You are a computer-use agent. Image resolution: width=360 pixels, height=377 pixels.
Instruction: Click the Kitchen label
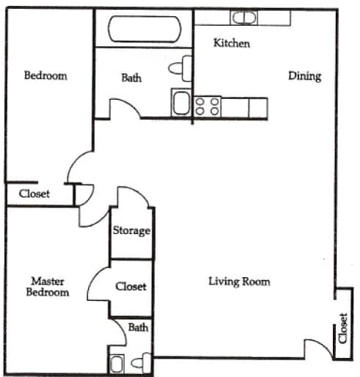pyautogui.click(x=232, y=43)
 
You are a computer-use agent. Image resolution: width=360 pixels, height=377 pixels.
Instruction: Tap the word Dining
pyautogui.click(x=304, y=76)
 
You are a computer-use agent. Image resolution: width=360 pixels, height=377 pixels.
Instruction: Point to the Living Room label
pyautogui.click(x=239, y=281)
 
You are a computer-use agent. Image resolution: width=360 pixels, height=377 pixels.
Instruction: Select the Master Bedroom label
pyautogui.click(x=50, y=286)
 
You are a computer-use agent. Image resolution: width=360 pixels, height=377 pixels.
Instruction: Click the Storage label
pyautogui.click(x=131, y=230)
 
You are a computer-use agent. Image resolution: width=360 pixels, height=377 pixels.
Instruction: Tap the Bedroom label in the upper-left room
pyautogui.click(x=45, y=76)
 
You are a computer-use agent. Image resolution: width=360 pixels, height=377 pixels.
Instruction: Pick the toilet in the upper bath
pyautogui.click(x=178, y=68)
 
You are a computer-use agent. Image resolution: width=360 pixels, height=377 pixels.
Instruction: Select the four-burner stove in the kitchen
pyautogui.click(x=207, y=106)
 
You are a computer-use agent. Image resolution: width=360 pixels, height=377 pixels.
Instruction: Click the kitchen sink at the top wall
pyautogui.click(x=243, y=18)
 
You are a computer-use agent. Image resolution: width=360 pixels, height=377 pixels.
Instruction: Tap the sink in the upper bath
pyautogui.click(x=180, y=102)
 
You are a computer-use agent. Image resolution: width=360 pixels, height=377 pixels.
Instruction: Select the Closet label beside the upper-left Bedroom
pyautogui.click(x=34, y=194)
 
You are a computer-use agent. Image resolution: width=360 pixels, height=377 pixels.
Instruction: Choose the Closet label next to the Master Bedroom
pyautogui.click(x=131, y=287)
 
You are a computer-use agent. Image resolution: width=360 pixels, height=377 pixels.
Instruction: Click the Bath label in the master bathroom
pyautogui.click(x=138, y=327)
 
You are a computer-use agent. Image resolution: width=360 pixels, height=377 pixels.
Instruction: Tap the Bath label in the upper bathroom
pyautogui.click(x=131, y=78)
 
